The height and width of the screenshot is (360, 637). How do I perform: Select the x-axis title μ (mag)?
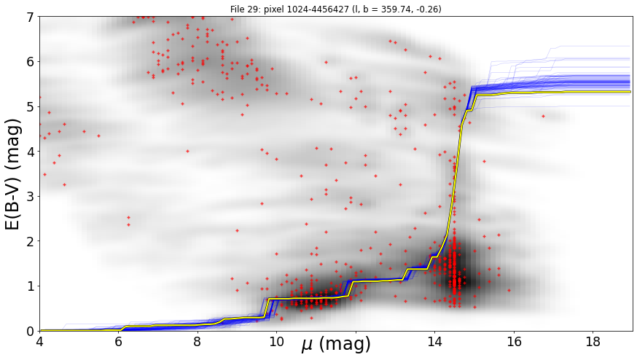[x=335, y=344]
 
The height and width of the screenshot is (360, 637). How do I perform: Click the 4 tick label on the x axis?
[x=40, y=341]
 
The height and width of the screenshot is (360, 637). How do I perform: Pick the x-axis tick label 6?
[x=119, y=341]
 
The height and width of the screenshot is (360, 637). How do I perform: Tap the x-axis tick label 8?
[x=198, y=341]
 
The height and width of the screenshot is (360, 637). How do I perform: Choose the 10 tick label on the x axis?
[x=277, y=341]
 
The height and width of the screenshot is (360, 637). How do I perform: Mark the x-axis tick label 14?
[x=434, y=341]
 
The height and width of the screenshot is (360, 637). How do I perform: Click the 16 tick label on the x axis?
[x=514, y=341]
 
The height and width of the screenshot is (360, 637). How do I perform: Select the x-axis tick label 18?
[x=593, y=341]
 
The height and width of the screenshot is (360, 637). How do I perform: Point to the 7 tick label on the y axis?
[x=31, y=17]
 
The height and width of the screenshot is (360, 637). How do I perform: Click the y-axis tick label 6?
[x=31, y=62]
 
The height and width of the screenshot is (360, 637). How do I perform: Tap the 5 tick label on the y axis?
[x=31, y=107]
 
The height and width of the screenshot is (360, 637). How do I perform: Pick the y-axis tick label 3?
[x=31, y=197]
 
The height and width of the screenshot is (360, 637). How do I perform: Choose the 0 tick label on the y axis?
[x=31, y=331]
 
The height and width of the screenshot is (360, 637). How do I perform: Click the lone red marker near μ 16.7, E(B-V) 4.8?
[x=543, y=116]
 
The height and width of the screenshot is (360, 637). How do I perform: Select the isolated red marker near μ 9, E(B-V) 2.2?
[x=238, y=230]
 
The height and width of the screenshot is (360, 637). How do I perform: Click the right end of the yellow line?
[x=630, y=92]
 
